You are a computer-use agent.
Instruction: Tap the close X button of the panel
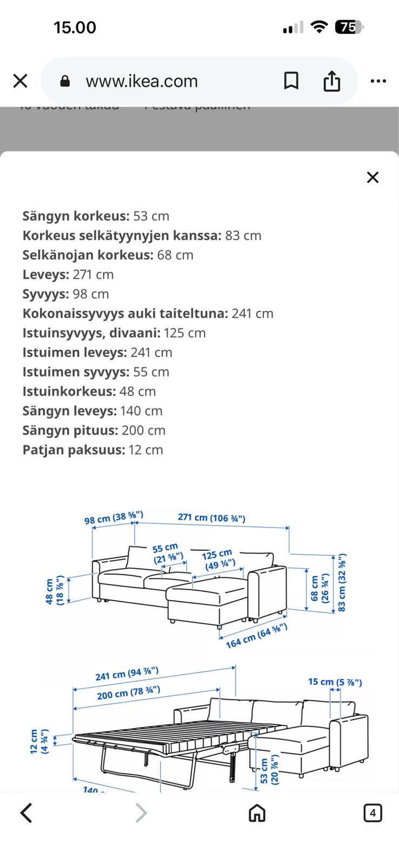point(373,177)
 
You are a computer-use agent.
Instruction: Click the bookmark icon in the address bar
point(291,81)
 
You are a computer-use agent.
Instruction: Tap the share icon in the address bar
point(331,81)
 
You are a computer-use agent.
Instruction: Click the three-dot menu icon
point(378,81)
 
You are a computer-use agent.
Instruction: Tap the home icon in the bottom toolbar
point(257,813)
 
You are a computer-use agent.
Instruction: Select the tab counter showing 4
point(373,813)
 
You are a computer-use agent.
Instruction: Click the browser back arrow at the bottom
point(26,813)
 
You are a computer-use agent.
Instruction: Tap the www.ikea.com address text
point(142,81)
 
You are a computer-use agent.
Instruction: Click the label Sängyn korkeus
point(76,216)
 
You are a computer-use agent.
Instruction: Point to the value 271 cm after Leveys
point(93,275)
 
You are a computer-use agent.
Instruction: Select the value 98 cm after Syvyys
point(91,294)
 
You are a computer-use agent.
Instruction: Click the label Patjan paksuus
point(74,450)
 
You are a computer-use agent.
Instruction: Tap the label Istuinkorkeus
point(69,391)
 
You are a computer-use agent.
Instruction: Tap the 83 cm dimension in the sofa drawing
point(342,583)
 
